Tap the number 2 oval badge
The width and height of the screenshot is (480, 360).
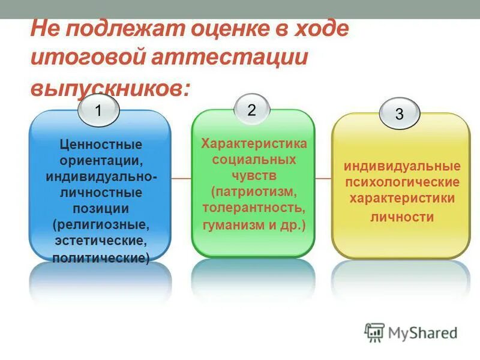pyautogui.click(x=251, y=110)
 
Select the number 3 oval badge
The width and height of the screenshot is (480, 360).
pyautogui.click(x=399, y=114)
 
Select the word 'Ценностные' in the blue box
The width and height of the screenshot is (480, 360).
pyautogui.click(x=100, y=145)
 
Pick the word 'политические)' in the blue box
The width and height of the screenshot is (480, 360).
pyautogui.click(x=100, y=258)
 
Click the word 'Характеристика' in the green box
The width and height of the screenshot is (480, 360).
pyautogui.click(x=253, y=143)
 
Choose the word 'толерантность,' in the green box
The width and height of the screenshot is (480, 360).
pyautogui.click(x=253, y=209)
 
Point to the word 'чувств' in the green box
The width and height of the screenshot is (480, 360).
pyautogui.click(x=253, y=176)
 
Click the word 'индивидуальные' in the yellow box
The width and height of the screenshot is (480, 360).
pyautogui.click(x=401, y=166)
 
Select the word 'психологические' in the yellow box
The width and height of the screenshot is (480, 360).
pyautogui.click(x=401, y=182)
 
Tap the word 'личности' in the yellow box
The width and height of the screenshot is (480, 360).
pyautogui.click(x=401, y=217)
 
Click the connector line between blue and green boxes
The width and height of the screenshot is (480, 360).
pyautogui.click(x=181, y=178)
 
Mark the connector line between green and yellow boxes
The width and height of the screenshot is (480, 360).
pyautogui.click(x=323, y=178)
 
